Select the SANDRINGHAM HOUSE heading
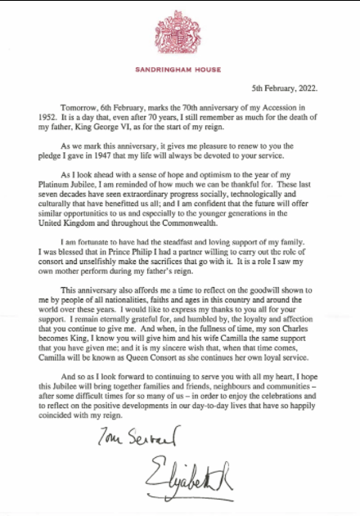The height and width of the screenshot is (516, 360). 180,70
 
